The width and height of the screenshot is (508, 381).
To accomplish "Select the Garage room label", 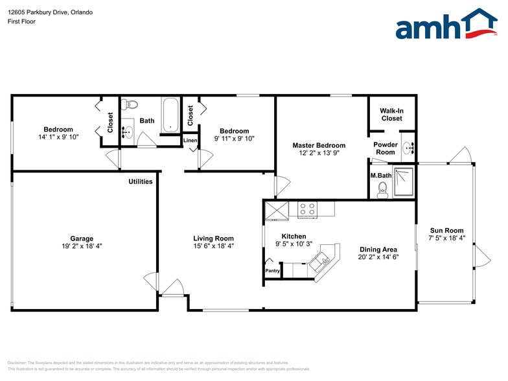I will (82, 238).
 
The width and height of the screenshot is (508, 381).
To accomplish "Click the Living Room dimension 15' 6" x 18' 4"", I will (213, 247).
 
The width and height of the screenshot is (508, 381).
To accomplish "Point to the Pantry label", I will (272, 271).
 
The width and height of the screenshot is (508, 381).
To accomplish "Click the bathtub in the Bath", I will (170, 114).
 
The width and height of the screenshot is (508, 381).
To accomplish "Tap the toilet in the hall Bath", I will (131, 104).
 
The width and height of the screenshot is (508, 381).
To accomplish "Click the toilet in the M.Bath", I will (382, 189).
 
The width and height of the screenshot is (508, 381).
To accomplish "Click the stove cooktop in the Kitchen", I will (307, 209).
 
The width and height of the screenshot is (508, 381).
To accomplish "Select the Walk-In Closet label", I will (391, 115).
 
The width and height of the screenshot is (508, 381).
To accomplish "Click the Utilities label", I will (140, 181).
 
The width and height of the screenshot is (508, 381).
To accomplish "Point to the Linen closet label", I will (190, 141).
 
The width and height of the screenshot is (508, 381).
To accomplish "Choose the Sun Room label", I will (446, 231).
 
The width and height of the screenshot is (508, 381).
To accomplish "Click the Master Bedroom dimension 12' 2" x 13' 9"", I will (319, 154).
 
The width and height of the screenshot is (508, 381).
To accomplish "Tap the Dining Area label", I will (378, 249).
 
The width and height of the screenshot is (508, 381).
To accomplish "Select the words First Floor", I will (21, 21).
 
